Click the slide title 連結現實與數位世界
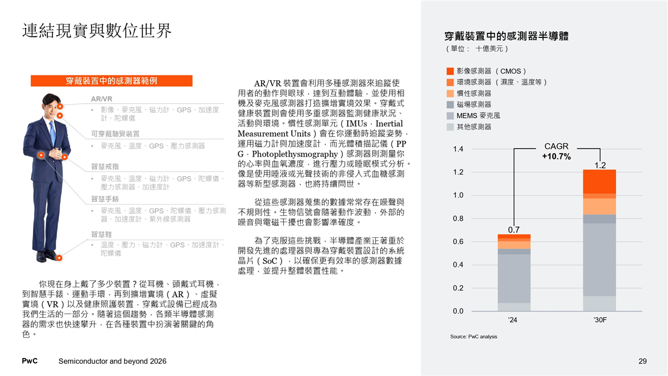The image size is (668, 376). (x=97, y=31)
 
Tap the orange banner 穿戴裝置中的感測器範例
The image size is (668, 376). (x=111, y=81)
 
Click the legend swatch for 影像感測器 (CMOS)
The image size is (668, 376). (x=450, y=71)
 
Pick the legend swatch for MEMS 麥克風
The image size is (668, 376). (x=450, y=116)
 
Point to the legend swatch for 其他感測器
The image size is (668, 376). (x=450, y=127)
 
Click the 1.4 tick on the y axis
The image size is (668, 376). (x=458, y=149)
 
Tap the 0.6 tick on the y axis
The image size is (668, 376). (x=458, y=242)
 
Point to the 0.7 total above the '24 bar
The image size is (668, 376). (x=514, y=229)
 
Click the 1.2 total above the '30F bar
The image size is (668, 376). (x=600, y=165)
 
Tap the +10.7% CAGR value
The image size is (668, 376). (x=556, y=157)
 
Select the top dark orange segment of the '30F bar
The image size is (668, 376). (x=600, y=181)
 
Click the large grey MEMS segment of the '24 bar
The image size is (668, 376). (x=514, y=279)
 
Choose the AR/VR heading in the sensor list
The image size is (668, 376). (x=101, y=99)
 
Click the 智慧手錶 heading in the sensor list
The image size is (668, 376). (x=105, y=199)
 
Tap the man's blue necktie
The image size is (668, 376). (x=52, y=131)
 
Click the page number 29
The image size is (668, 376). (x=642, y=362)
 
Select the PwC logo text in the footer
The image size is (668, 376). (x=30, y=362)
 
